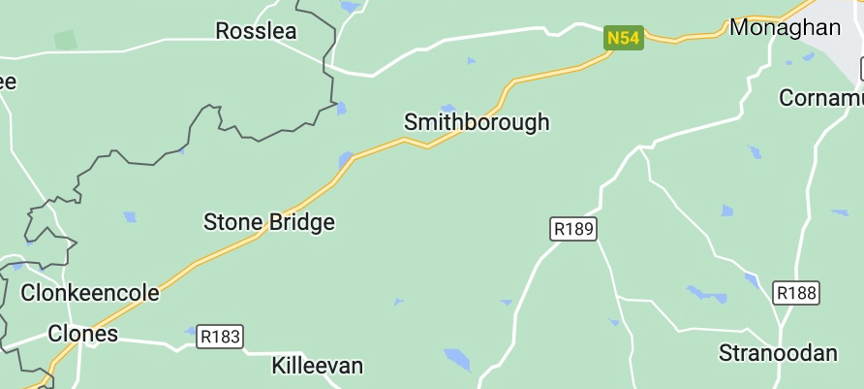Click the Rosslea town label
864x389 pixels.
256,31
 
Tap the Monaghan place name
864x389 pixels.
785,27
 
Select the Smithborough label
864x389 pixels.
476,122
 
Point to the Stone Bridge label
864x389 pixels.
268,222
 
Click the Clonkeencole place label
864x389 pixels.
90,292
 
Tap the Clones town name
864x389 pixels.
83,334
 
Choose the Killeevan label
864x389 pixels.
318,366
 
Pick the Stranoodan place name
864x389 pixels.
778,353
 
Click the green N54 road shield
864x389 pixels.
623,38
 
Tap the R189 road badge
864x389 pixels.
573,229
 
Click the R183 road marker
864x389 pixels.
220,337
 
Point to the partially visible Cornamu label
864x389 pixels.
821,98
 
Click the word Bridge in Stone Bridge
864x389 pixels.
302,222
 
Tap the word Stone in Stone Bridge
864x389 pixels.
233,222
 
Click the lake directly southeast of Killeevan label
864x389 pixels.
457,359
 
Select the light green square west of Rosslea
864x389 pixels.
66,40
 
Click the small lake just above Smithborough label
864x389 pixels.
447,108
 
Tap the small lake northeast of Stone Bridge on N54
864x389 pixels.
346,158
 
